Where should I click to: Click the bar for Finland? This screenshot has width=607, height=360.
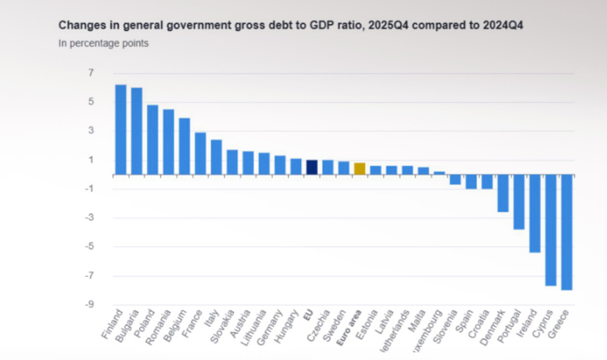[x=121, y=130]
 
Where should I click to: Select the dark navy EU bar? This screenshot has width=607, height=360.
[x=311, y=167]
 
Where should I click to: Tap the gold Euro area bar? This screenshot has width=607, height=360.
[x=359, y=169]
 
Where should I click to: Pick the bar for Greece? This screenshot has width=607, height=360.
[x=567, y=232]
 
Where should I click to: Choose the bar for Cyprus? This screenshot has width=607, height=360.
[x=551, y=230]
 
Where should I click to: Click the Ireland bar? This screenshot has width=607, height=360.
[x=535, y=214]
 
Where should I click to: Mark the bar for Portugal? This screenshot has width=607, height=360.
[x=519, y=202]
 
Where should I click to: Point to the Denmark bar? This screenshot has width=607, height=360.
[x=503, y=193]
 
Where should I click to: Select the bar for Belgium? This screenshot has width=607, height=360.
[x=184, y=146]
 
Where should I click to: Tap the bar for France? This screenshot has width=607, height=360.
[x=200, y=153]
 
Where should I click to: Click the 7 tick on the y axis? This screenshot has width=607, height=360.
[x=91, y=73]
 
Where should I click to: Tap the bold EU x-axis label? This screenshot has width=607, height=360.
[x=307, y=315]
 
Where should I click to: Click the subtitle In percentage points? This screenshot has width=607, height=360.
[x=103, y=43]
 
